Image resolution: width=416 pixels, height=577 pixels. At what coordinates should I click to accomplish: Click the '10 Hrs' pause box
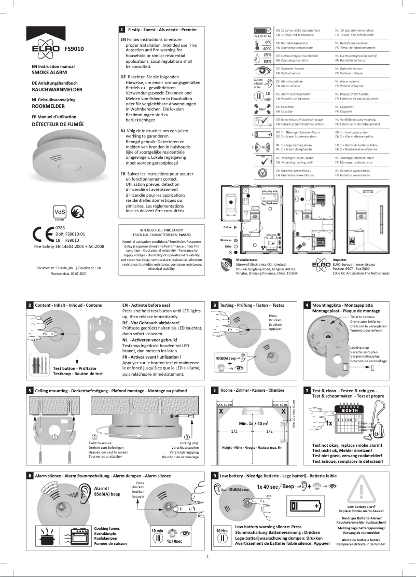point(221,535)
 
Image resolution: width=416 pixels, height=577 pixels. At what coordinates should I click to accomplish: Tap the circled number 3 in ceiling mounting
point(193,437)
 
